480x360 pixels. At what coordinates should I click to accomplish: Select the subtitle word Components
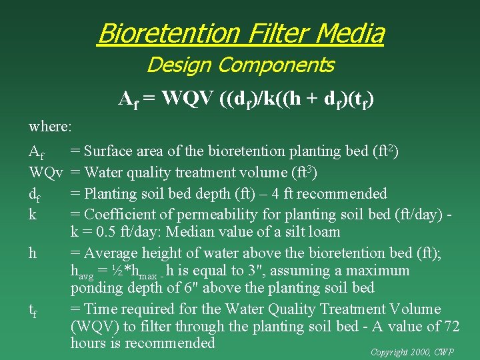click(x=276, y=65)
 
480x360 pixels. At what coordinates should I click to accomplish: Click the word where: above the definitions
click(x=50, y=125)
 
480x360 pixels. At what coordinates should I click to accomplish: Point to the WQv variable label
click(x=46, y=173)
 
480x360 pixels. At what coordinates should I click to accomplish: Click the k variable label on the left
click(x=32, y=215)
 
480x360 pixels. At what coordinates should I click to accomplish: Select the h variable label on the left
click(x=33, y=253)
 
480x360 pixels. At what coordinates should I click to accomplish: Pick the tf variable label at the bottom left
click(x=33, y=310)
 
